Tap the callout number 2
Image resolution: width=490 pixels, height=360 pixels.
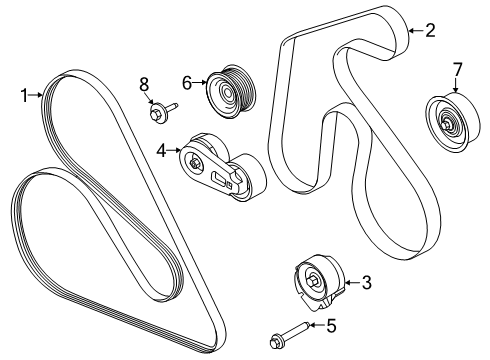tap(429, 31)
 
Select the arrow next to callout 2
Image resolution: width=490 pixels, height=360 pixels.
tap(412, 31)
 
